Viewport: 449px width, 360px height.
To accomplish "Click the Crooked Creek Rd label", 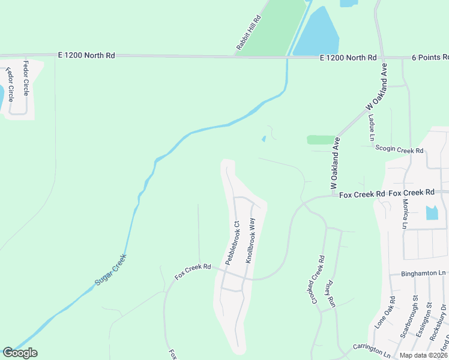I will click(x=318, y=280).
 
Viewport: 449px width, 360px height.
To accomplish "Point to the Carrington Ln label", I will click(x=372, y=347).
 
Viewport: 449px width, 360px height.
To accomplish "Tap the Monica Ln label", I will click(x=405, y=214).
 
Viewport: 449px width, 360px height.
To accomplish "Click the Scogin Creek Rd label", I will click(x=399, y=149).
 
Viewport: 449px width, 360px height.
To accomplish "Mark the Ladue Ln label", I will click(x=372, y=126).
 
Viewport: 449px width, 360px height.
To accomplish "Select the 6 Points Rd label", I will click(x=430, y=58).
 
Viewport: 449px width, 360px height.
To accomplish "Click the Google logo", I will click(x=20, y=353).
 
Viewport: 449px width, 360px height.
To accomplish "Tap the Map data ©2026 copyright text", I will click(x=423, y=355).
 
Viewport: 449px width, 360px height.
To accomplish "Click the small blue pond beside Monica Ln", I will click(x=432, y=212).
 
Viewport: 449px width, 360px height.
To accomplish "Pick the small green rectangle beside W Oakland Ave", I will click(x=321, y=140).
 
